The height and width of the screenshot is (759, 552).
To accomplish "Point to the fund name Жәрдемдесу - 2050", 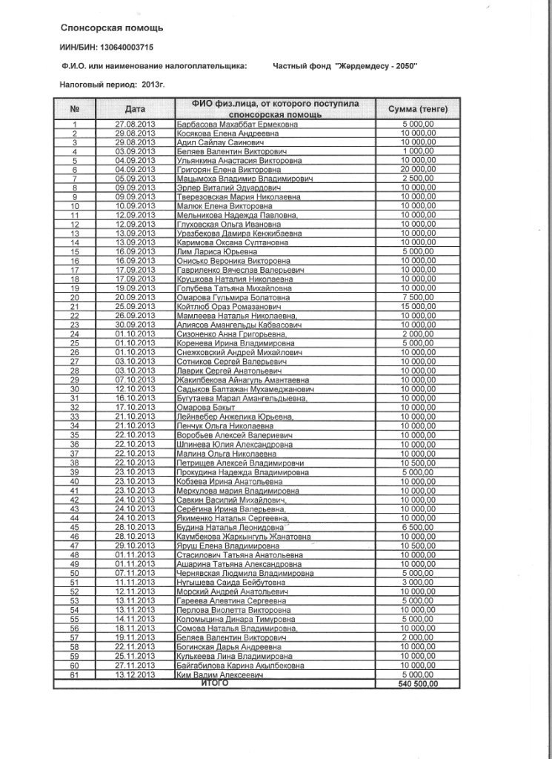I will (376, 66).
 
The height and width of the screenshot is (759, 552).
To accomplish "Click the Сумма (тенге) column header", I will (419, 109).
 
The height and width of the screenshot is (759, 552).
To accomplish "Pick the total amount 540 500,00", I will (419, 684).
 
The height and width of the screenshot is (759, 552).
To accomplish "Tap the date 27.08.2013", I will (135, 124).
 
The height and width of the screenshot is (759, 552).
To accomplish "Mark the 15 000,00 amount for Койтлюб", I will (419, 306).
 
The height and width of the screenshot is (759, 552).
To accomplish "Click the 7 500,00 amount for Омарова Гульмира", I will (419, 297).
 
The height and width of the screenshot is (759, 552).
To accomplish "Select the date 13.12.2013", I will (135, 675).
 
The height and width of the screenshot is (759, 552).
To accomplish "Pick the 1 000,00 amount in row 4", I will (419, 151).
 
